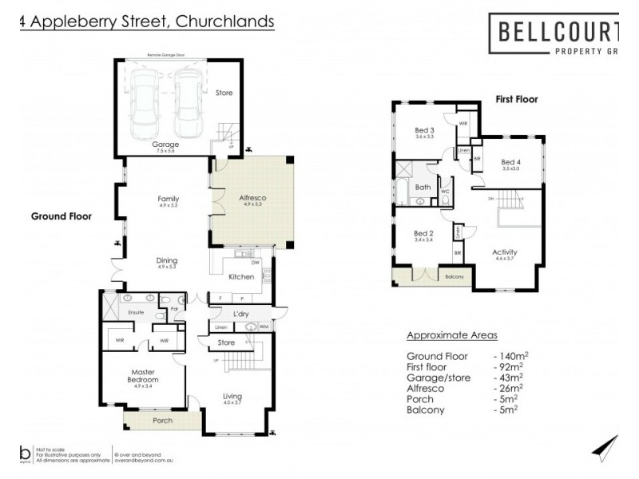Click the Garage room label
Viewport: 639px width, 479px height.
(165, 144)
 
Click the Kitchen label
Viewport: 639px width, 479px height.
(241, 277)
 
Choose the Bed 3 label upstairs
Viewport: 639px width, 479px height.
(424, 131)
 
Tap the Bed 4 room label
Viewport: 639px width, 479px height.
(511, 162)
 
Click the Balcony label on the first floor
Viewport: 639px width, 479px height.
(453, 278)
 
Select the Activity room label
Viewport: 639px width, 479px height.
(505, 251)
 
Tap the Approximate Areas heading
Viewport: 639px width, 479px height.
(452, 335)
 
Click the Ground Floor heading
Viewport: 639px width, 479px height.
(62, 216)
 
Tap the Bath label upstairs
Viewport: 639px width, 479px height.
(423, 188)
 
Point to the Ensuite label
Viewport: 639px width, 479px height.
(133, 312)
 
